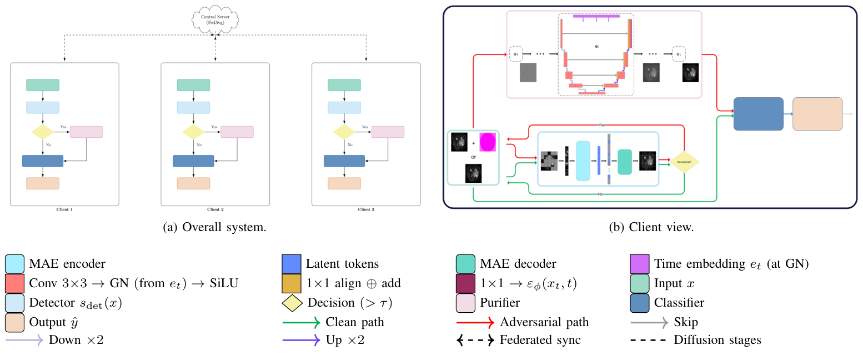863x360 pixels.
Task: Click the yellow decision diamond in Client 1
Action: coord(43,132)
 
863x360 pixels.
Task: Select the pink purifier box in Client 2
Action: coord(237,132)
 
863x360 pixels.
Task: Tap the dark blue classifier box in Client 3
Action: coord(344,161)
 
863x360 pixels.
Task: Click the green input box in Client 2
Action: coord(193,85)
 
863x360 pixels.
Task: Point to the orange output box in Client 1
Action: coord(43,183)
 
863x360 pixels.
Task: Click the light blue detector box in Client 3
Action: coord(344,107)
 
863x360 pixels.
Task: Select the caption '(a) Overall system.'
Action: coord(215,227)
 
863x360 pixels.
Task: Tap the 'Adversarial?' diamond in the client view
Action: coord(684,161)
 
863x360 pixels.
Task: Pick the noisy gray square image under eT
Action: coord(528,73)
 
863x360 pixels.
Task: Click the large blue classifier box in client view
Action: coord(758,114)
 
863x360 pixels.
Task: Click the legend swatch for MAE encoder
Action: coord(13,263)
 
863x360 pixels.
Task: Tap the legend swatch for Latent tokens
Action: coord(291,263)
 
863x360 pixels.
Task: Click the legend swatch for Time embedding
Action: coord(639,263)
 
